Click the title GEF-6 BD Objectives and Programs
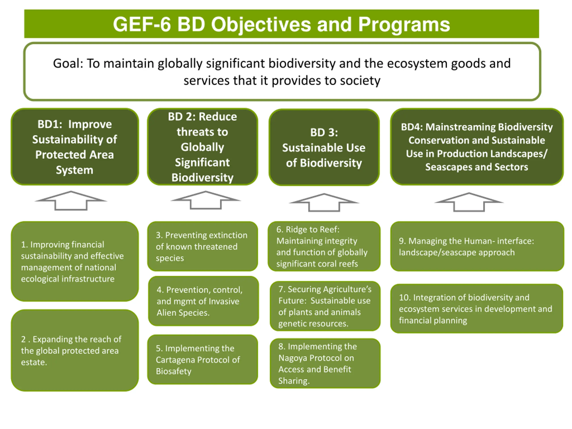click(x=281, y=24)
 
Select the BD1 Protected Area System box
click(x=74, y=147)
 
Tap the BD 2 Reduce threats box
click(x=202, y=147)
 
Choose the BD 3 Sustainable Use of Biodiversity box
click(x=324, y=147)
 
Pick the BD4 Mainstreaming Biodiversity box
click(x=477, y=147)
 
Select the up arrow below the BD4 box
click(x=469, y=202)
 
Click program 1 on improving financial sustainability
click(x=74, y=261)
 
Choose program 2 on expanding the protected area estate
click(x=74, y=350)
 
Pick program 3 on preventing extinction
click(x=202, y=246)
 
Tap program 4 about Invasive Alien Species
click(x=203, y=301)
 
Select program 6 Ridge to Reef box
click(x=324, y=246)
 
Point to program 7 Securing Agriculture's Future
click(x=325, y=306)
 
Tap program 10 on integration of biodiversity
click(x=477, y=309)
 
